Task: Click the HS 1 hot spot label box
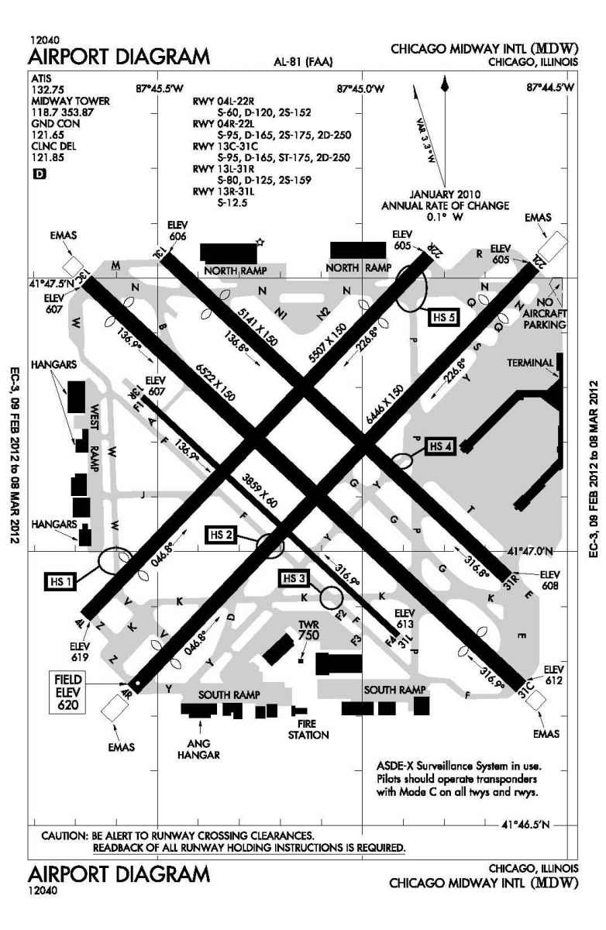(x=60, y=581)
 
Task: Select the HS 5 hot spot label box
(x=444, y=318)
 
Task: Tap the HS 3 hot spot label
(x=294, y=578)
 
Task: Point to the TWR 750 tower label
(x=308, y=631)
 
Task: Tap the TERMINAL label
(x=530, y=363)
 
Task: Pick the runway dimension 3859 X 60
(x=260, y=490)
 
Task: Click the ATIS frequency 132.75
(x=48, y=90)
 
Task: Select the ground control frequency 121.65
(x=48, y=135)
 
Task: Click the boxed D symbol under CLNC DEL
(x=40, y=174)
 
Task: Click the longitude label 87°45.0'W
(x=360, y=88)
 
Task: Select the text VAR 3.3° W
(x=425, y=140)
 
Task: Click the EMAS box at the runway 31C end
(x=535, y=700)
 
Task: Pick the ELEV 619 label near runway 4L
(x=80, y=653)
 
